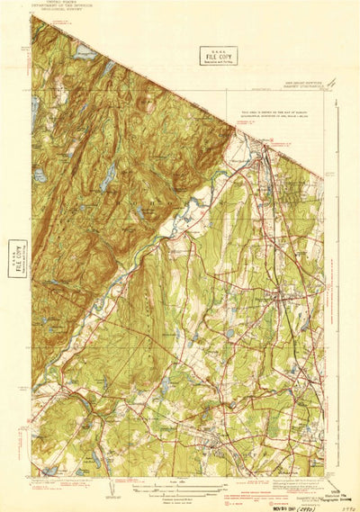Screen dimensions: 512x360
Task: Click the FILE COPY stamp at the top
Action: (219, 56)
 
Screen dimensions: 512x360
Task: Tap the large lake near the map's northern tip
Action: (84, 53)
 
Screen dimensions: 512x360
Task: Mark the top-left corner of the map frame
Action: (31, 15)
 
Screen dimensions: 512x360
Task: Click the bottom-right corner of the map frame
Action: (324, 476)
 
